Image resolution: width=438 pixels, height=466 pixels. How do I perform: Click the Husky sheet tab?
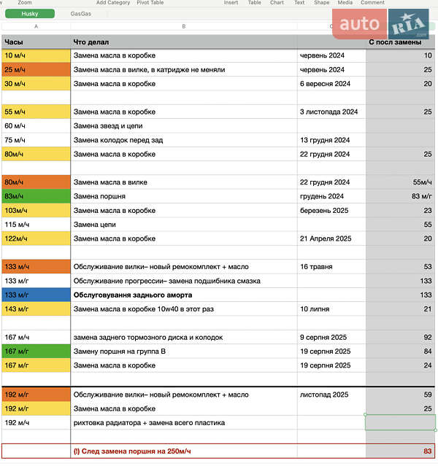click(x=29, y=13)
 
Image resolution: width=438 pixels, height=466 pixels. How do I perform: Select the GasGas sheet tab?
click(x=81, y=13)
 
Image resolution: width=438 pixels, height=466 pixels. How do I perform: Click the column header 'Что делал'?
click(x=92, y=42)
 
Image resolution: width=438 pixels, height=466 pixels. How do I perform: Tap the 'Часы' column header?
click(x=14, y=42)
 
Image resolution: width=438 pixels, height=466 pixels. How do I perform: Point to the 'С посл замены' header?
click(x=394, y=42)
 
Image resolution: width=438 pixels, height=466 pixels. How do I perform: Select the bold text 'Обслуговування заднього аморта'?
click(x=133, y=295)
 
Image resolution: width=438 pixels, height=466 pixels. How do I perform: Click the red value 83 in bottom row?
click(x=427, y=451)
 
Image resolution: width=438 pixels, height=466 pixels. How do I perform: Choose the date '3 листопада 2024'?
click(x=328, y=112)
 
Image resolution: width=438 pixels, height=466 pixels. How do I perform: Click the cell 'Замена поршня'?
click(x=99, y=196)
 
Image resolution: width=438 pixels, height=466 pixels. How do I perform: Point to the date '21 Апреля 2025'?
click(x=326, y=238)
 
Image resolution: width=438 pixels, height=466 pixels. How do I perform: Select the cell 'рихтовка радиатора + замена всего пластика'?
click(x=149, y=422)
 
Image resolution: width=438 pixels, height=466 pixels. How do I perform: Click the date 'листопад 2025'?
click(x=324, y=395)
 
